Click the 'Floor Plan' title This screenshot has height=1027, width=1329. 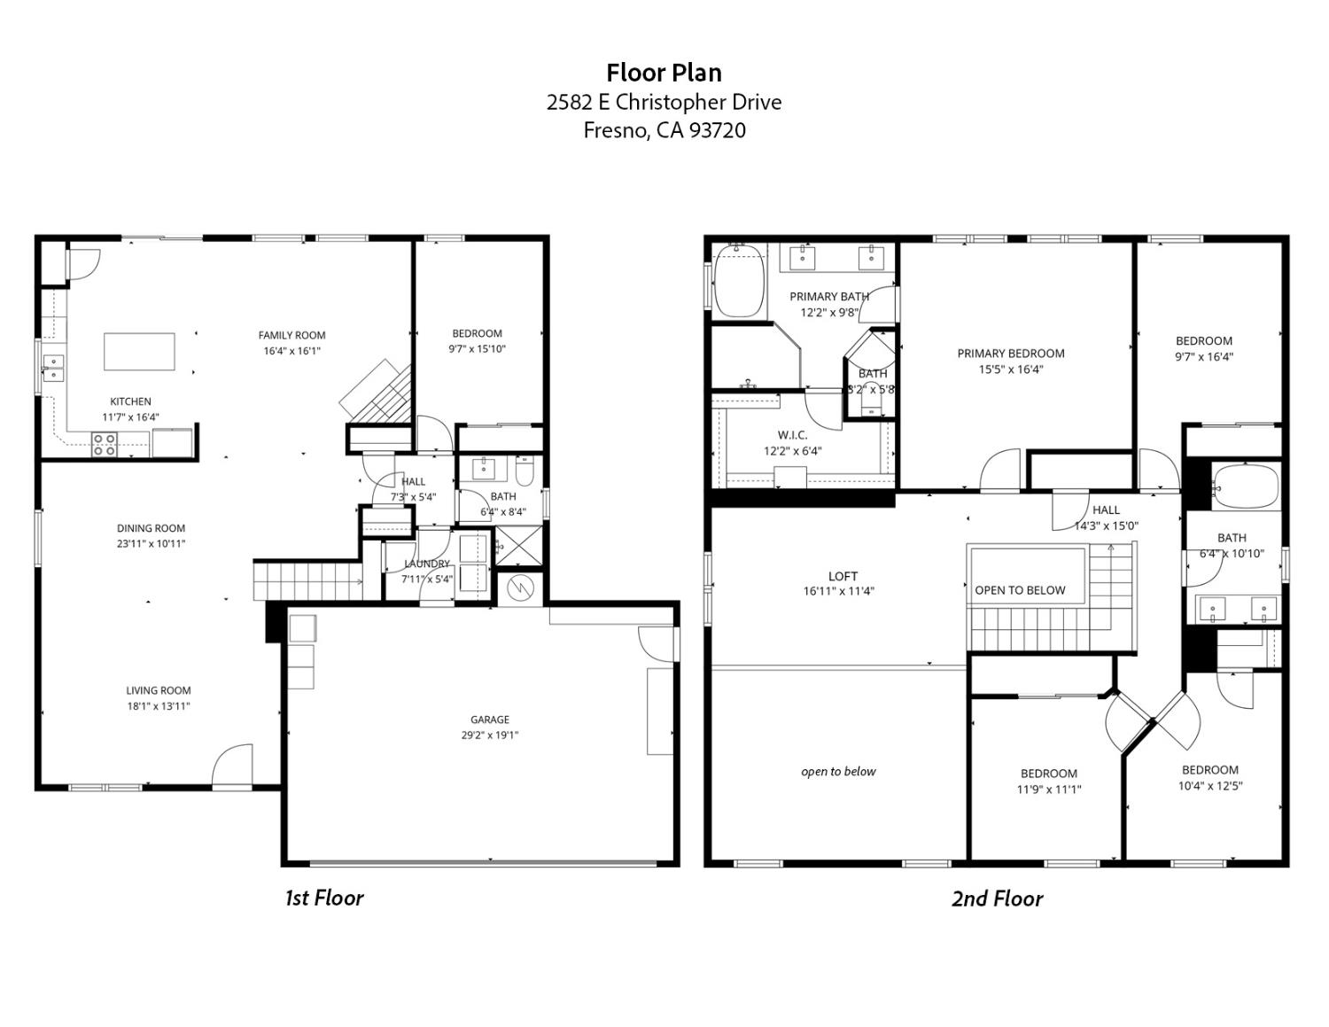[x=664, y=72]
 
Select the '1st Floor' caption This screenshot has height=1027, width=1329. [x=323, y=898]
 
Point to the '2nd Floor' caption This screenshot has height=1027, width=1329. [x=997, y=899]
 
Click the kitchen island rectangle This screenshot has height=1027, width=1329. [x=139, y=352]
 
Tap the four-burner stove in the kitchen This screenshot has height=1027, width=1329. [x=105, y=444]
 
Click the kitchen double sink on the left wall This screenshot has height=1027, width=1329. [x=53, y=367]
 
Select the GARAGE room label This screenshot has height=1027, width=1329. [x=489, y=720]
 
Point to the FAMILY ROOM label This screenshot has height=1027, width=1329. [x=291, y=335]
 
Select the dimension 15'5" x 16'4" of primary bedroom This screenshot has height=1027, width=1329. [x=1010, y=370]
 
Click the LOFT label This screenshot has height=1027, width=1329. [x=843, y=576]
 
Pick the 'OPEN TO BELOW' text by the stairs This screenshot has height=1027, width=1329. [x=1020, y=590]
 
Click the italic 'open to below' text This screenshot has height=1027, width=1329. [x=838, y=772]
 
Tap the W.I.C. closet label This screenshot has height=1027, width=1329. [x=792, y=435]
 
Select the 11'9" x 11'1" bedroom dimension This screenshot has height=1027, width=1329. [x=1049, y=790]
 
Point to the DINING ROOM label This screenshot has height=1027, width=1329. [x=151, y=528]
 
